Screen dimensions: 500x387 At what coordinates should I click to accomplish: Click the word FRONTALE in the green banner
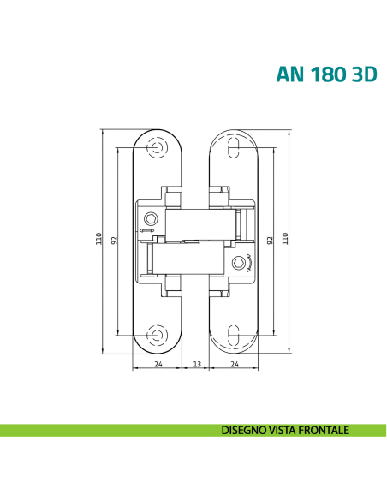[x=321, y=431]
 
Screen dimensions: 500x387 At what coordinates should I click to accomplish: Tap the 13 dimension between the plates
[x=196, y=364]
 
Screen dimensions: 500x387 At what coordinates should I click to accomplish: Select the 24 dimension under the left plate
[x=158, y=364]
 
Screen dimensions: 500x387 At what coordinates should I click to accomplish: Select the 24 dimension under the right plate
[x=234, y=364]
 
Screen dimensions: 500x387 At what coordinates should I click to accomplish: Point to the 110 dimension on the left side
[x=99, y=239]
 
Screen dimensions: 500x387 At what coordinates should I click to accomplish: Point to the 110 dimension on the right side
[x=285, y=239]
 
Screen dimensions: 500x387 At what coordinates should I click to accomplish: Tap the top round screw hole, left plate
[x=157, y=147]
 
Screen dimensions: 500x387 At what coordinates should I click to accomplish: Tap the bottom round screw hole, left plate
[x=157, y=334]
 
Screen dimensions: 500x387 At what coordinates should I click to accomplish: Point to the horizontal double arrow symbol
[x=147, y=231]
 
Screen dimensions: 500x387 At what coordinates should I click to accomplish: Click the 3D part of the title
[x=360, y=74]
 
